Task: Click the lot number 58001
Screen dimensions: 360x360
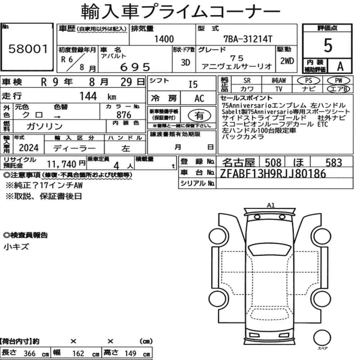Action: pos(28,49)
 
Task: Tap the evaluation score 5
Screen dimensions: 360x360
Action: pos(328,45)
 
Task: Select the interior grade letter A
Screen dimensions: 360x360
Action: pos(340,66)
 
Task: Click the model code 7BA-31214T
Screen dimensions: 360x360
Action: pos(248,39)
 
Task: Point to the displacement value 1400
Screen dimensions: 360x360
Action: pos(164,39)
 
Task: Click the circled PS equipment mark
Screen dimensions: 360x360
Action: pos(309,81)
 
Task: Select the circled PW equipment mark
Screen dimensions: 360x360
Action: pos(339,80)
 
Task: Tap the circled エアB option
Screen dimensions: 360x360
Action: pos(339,89)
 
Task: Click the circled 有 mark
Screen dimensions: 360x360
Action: pos(199,115)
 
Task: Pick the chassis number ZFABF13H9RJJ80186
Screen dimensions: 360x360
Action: pos(273,174)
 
